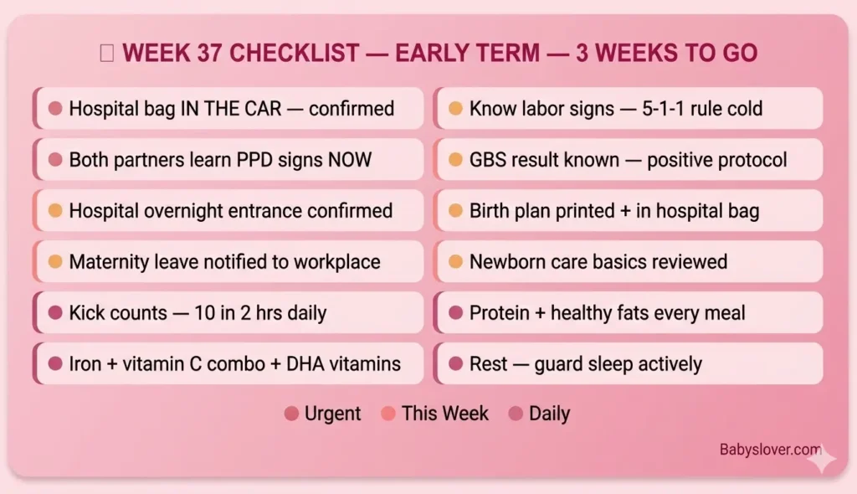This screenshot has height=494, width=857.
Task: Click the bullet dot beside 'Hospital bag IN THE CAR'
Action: coord(55,109)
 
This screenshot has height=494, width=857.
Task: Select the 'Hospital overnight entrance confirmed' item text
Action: coord(230,211)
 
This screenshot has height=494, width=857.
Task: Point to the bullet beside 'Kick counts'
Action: coord(55,313)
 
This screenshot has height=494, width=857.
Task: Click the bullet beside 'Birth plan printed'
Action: coord(455,211)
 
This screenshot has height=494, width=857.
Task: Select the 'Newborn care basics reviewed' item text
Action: coord(598,262)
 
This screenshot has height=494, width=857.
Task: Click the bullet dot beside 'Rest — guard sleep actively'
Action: coord(455,364)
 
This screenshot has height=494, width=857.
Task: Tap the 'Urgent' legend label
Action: coord(332,414)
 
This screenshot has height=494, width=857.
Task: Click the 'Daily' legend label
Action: coord(549,414)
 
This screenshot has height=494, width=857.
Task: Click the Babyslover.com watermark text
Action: coord(770,450)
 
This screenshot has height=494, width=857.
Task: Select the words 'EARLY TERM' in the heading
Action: coord(466,54)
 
